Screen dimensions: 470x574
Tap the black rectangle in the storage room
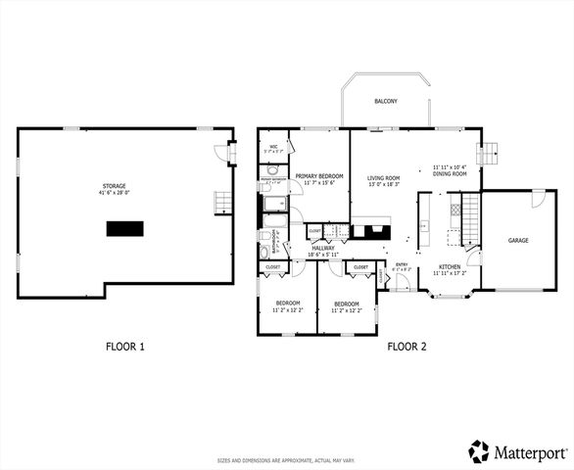point(124,228)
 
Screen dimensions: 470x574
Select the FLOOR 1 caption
point(125,346)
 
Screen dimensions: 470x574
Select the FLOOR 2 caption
point(407,346)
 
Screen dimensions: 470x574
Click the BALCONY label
point(386,102)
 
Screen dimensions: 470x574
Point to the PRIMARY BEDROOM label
point(319,176)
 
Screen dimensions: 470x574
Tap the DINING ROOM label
point(450,174)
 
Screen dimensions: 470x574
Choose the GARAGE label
point(518,240)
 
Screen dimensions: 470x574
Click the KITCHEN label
point(450,267)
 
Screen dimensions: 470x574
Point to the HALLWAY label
point(323,248)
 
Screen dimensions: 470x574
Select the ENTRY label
point(402,263)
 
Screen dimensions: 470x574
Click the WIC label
point(273,147)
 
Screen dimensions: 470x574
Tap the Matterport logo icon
point(479,451)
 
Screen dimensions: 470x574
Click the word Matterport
point(530,452)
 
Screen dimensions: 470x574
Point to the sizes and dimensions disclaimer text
point(286,460)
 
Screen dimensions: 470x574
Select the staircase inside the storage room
point(223,203)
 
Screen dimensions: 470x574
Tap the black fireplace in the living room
point(371,231)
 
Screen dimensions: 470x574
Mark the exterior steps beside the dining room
point(489,154)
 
